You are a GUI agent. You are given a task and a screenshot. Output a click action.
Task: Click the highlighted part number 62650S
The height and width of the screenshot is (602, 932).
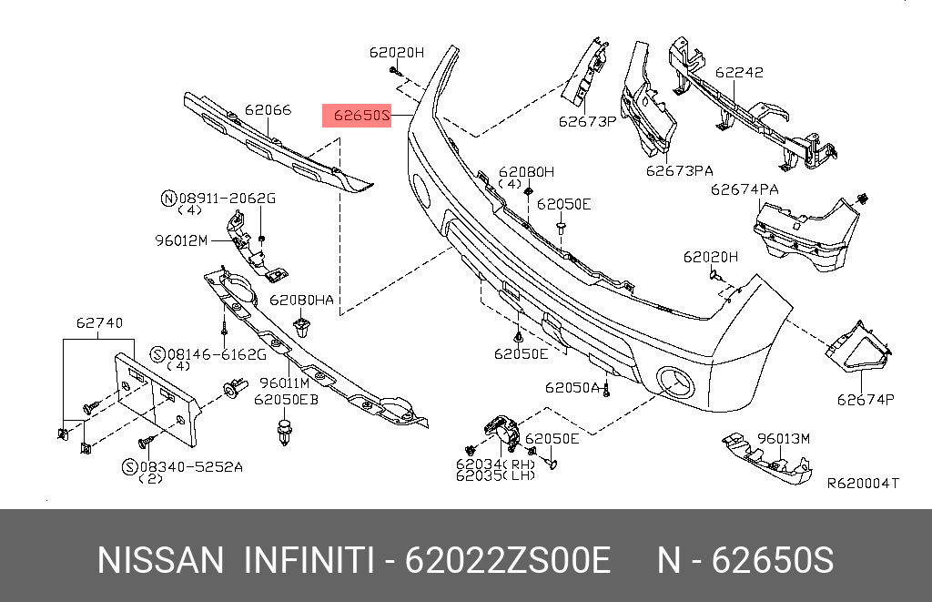point(361,116)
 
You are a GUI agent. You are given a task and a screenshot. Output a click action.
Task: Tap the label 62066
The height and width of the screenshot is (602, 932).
point(268,110)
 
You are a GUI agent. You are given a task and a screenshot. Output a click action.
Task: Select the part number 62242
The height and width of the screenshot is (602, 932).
point(739,73)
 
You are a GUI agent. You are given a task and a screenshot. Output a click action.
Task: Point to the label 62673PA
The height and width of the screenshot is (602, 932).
point(680,169)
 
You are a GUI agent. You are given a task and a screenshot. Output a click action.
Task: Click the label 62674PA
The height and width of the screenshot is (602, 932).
point(745,189)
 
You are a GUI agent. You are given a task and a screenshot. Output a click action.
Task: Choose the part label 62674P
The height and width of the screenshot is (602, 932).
point(866,399)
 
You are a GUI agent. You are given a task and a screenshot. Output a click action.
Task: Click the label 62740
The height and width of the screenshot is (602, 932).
point(99,322)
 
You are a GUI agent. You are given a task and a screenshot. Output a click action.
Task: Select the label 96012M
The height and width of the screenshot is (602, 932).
point(181,240)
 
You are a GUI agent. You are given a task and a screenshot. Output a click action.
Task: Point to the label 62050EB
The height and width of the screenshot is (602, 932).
point(286,399)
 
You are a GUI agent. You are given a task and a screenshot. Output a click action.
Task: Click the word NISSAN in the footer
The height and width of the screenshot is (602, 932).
point(159,560)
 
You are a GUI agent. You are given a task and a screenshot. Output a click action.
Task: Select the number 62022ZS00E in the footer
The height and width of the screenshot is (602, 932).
point(506,560)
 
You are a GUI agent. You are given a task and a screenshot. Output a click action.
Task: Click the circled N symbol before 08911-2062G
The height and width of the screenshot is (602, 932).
point(167,198)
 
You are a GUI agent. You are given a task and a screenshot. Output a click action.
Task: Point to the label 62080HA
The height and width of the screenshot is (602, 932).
point(301,300)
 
